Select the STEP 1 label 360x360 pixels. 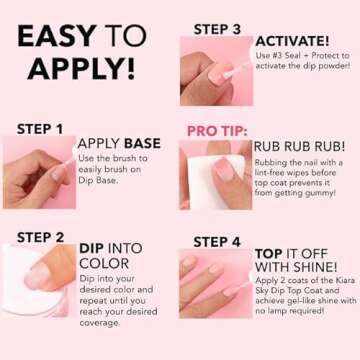[x=41, y=129]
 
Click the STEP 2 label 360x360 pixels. [x=41, y=237]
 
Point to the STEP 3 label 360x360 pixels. [x=218, y=29]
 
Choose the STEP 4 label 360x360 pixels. [x=218, y=242]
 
